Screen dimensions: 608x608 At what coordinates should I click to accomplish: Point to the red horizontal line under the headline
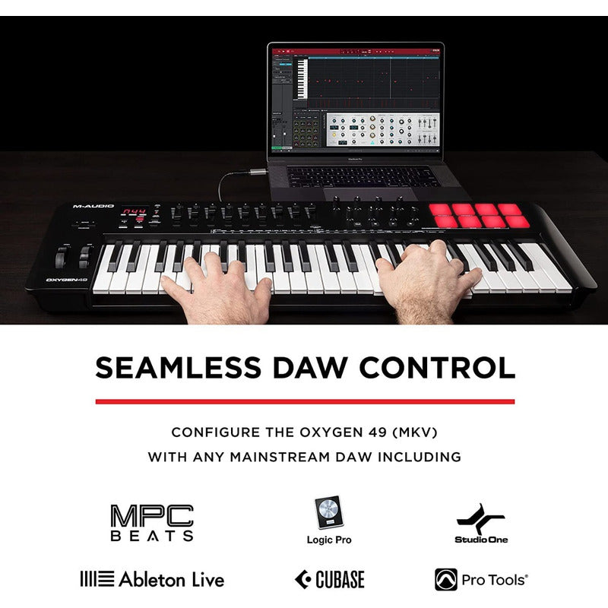pyautogui.click(x=305, y=401)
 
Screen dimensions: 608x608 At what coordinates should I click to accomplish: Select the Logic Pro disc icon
pyautogui.click(x=329, y=514)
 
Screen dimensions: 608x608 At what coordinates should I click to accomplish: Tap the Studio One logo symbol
pyautogui.click(x=480, y=519)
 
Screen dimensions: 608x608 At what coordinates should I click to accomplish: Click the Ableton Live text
pyautogui.click(x=171, y=580)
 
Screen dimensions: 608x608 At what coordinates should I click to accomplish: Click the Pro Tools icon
pyautogui.click(x=446, y=580)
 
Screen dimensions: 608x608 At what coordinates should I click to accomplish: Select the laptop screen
pyautogui.click(x=356, y=97)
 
